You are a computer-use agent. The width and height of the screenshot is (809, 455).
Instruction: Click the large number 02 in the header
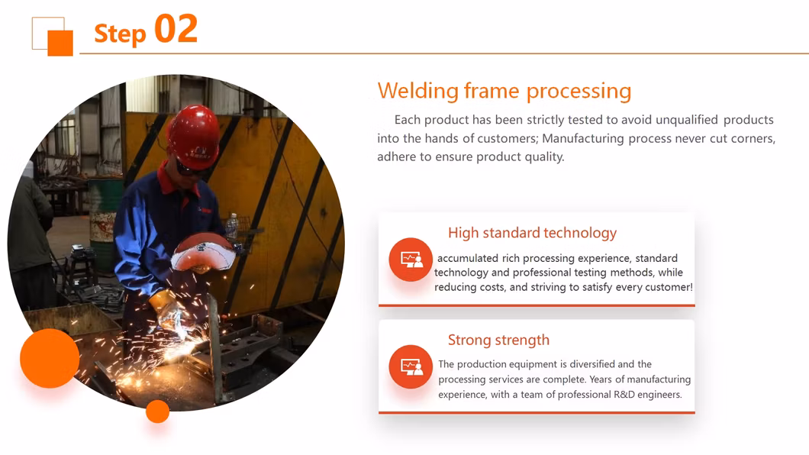[x=176, y=29]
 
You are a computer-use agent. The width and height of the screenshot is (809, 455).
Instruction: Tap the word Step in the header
[x=120, y=34]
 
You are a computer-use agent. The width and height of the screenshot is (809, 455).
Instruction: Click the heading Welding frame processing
[x=504, y=91]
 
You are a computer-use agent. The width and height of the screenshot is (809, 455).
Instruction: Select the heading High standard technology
[x=532, y=233]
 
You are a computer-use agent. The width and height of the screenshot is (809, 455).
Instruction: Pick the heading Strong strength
[x=498, y=340]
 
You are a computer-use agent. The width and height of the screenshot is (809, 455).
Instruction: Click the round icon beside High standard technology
[x=411, y=260]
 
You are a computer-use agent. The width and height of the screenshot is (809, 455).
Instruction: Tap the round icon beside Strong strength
[x=411, y=366]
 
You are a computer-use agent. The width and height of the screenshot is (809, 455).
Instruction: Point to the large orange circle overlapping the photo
[x=50, y=358]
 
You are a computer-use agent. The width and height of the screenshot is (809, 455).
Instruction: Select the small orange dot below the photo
[x=157, y=411]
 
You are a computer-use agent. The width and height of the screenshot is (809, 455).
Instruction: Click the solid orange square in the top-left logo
[x=60, y=43]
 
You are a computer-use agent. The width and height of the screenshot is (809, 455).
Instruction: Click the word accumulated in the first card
[x=468, y=258]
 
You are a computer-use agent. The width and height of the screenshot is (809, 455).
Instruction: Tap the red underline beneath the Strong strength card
[x=537, y=412]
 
